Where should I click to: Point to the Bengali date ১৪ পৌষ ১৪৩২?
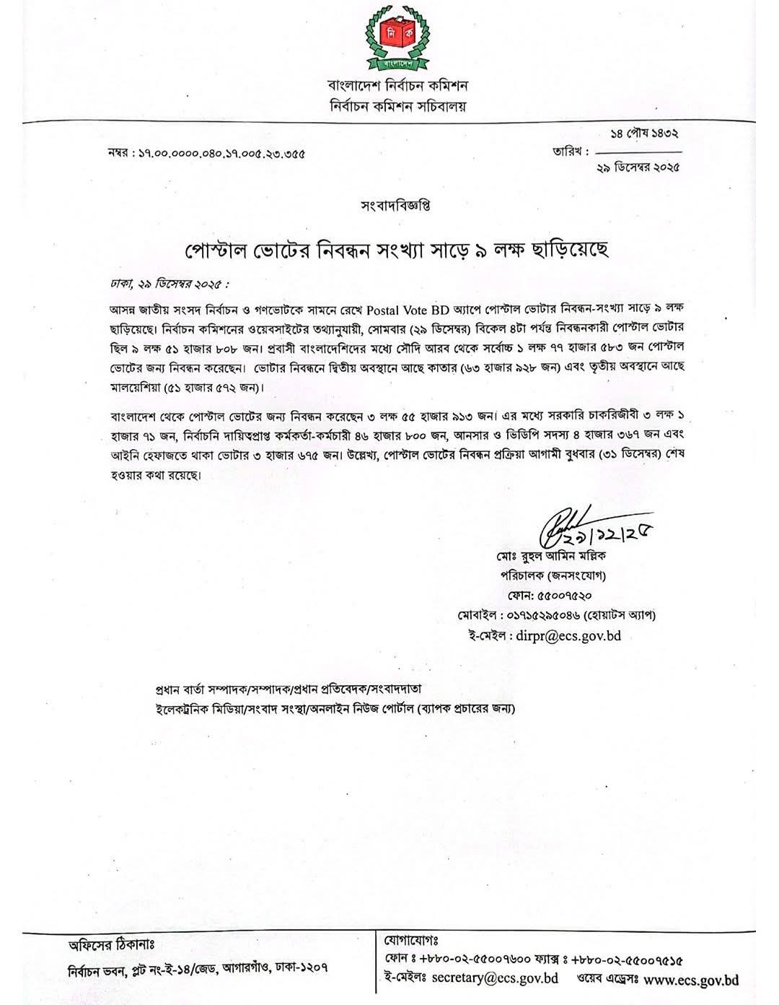645,134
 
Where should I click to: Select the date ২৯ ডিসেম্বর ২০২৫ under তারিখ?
638,167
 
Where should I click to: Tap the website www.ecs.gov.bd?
690,980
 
